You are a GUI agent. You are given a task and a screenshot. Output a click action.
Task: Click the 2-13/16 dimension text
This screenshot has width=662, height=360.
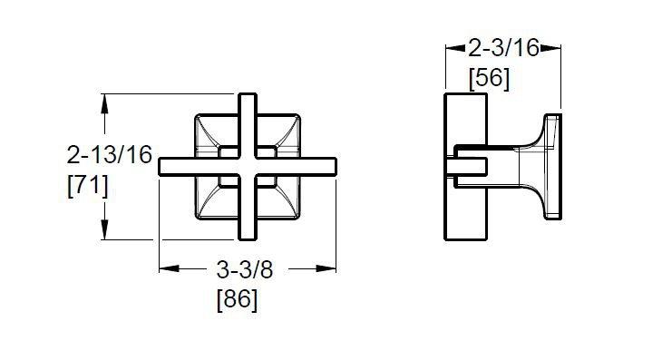point(110,154)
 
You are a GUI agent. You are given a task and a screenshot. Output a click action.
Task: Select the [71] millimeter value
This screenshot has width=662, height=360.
point(88,186)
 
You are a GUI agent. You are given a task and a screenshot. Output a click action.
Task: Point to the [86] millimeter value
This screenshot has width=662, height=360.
point(237,299)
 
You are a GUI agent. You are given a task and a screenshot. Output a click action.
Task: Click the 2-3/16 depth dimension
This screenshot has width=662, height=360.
point(503,47)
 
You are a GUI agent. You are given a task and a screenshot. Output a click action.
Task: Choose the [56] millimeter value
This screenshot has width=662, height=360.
point(490,79)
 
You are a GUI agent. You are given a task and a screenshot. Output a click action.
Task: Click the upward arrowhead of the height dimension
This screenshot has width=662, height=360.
point(104,103)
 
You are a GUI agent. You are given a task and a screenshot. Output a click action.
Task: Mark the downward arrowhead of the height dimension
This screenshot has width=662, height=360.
point(104,230)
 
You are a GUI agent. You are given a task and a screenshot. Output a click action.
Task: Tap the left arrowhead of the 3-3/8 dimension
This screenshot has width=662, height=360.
point(169,268)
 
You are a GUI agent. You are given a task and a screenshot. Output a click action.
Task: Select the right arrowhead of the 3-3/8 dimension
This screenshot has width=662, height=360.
point(326,268)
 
